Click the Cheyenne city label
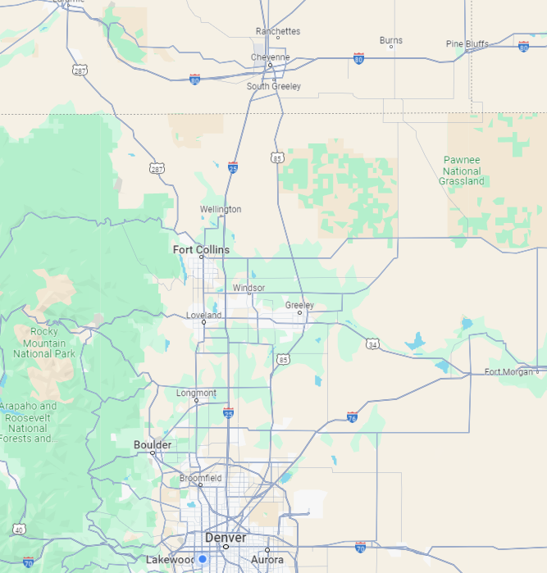[x=270, y=57]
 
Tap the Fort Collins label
[x=201, y=249]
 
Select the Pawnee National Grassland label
[x=463, y=171]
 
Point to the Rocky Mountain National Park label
[x=44, y=343]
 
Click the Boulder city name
[x=153, y=445]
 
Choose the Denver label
[x=226, y=538]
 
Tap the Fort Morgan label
[x=508, y=372]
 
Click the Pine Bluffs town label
[x=467, y=43]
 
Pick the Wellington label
[x=221, y=209]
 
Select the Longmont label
[x=196, y=393]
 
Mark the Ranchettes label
[x=278, y=31]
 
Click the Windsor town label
[x=248, y=288]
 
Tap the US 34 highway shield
[x=372, y=345]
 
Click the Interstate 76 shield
[x=352, y=416]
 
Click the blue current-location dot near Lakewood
[x=202, y=559]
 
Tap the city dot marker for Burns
[x=391, y=47]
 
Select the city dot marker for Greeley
[x=300, y=312]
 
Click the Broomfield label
[x=201, y=478]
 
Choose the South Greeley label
[x=274, y=86]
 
